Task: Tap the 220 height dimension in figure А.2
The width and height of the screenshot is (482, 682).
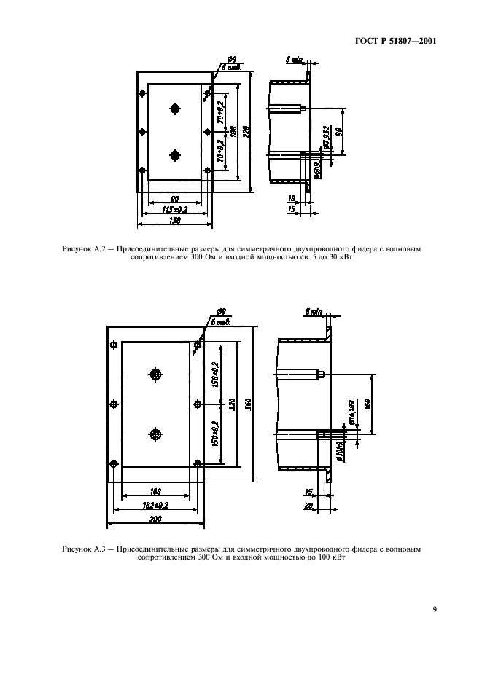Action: (x=246, y=131)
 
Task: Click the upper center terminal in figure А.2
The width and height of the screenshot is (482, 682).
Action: (x=174, y=109)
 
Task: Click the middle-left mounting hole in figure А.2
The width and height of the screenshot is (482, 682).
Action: (x=142, y=131)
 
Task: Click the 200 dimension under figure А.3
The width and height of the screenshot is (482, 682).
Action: (x=155, y=519)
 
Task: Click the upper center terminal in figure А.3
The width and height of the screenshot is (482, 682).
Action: (x=155, y=375)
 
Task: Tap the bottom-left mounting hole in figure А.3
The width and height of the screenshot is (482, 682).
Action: (x=113, y=463)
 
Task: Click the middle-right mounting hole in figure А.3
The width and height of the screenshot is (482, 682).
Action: (x=198, y=404)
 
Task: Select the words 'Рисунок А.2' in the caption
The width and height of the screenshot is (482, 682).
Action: (x=85, y=249)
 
